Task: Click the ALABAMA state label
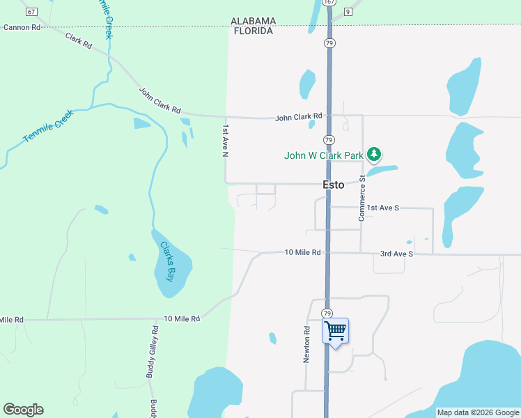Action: [x=254, y=22]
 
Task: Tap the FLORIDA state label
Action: [x=254, y=31]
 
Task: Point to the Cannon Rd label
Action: [x=22, y=27]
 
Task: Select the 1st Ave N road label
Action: [x=225, y=141]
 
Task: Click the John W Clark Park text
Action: [x=323, y=155]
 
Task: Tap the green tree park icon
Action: [x=375, y=153]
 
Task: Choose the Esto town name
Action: [x=334, y=185]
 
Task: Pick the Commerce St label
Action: [x=362, y=199]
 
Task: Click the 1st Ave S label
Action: [x=383, y=208]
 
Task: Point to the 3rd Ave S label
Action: [x=396, y=254]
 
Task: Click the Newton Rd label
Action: [x=306, y=345]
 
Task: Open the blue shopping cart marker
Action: [x=335, y=331]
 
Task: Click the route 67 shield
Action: [x=31, y=12]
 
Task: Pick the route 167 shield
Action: [x=329, y=3]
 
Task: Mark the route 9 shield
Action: [x=348, y=12]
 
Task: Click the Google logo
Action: [x=23, y=410]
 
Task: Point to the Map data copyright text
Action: [x=478, y=413]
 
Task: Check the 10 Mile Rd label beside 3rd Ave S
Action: [x=302, y=252]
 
